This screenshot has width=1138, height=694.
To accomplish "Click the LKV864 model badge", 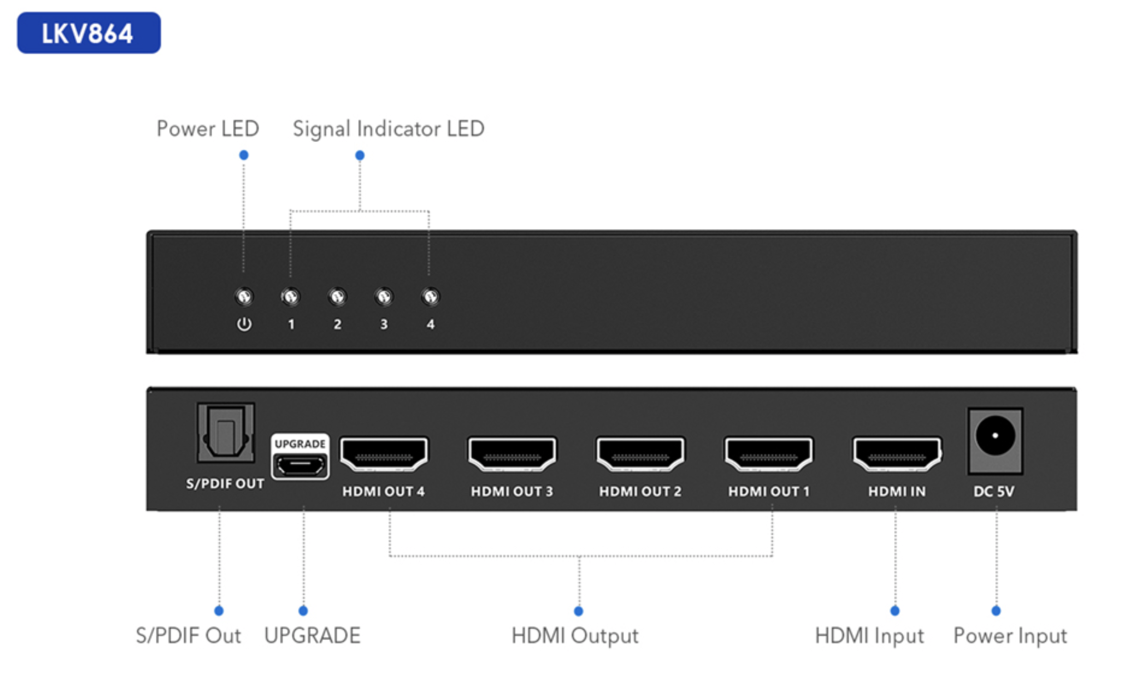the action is (89, 33).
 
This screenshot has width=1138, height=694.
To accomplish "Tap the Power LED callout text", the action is (208, 129).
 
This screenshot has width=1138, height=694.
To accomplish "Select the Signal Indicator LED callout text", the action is (388, 129).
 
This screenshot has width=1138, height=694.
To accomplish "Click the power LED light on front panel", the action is (244, 296).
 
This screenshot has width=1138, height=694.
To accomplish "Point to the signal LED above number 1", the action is (291, 296).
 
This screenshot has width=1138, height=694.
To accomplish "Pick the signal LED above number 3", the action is (384, 296).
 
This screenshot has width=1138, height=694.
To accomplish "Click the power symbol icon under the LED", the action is (244, 324).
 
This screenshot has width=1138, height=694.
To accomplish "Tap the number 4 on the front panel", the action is (430, 324).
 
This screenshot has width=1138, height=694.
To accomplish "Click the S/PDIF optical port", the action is (226, 432).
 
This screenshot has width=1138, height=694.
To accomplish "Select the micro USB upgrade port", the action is (300, 464).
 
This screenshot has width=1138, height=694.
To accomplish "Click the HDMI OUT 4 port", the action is (384, 454).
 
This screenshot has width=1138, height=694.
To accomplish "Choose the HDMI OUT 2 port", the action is (641, 454).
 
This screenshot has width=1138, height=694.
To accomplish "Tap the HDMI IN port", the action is (897, 454).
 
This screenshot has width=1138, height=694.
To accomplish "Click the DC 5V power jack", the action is (995, 441).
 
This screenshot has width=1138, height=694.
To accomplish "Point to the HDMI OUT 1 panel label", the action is (769, 491).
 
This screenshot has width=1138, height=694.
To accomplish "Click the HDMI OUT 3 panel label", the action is (512, 491).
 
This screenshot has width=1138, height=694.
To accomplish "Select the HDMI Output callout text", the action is (575, 636).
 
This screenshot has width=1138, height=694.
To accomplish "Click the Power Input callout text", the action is (1010, 636).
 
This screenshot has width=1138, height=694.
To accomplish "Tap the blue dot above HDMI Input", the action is (895, 611).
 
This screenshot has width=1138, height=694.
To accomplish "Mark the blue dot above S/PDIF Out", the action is (219, 611).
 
